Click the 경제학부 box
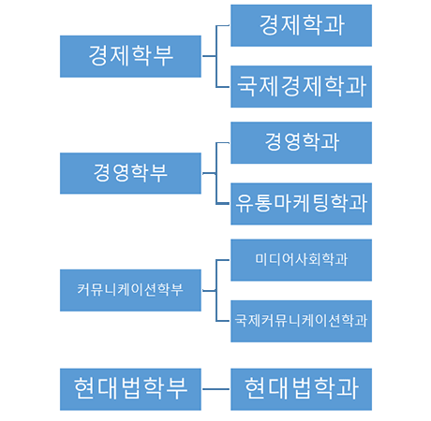[130, 56]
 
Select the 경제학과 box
[301, 25]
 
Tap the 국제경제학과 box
[301, 87]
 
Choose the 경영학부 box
[130, 173]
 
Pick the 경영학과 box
[301, 143]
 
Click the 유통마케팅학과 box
[301, 204]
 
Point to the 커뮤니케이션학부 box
[130, 290]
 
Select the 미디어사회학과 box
[301, 260]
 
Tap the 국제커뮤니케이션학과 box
[301, 321]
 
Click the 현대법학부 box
[130, 389]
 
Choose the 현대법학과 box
[301, 389]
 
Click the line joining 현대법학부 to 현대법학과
[215, 389]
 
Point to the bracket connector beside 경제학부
[215, 56]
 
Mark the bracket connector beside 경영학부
[215, 173]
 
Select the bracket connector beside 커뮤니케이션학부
[215, 290]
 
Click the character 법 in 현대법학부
[131, 387]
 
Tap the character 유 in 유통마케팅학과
[245, 203]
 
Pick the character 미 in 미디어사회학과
[261, 259]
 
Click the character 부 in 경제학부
[163, 56]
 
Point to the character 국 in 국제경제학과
[247, 85]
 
